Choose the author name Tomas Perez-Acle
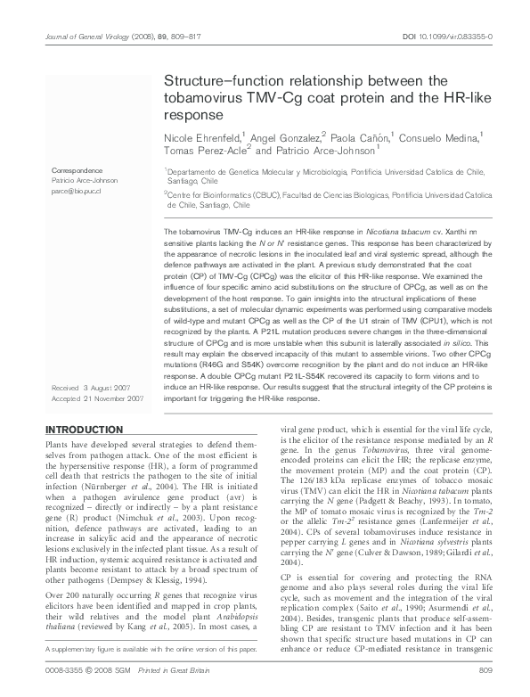coord(200,152)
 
